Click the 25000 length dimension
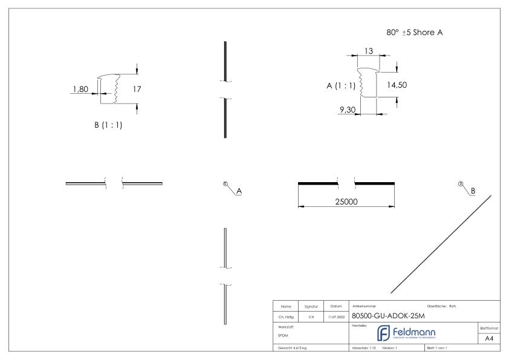click(x=346, y=201)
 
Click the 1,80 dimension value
click(x=80, y=90)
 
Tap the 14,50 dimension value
click(x=397, y=85)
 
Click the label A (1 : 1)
click(x=341, y=85)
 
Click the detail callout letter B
click(x=473, y=191)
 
